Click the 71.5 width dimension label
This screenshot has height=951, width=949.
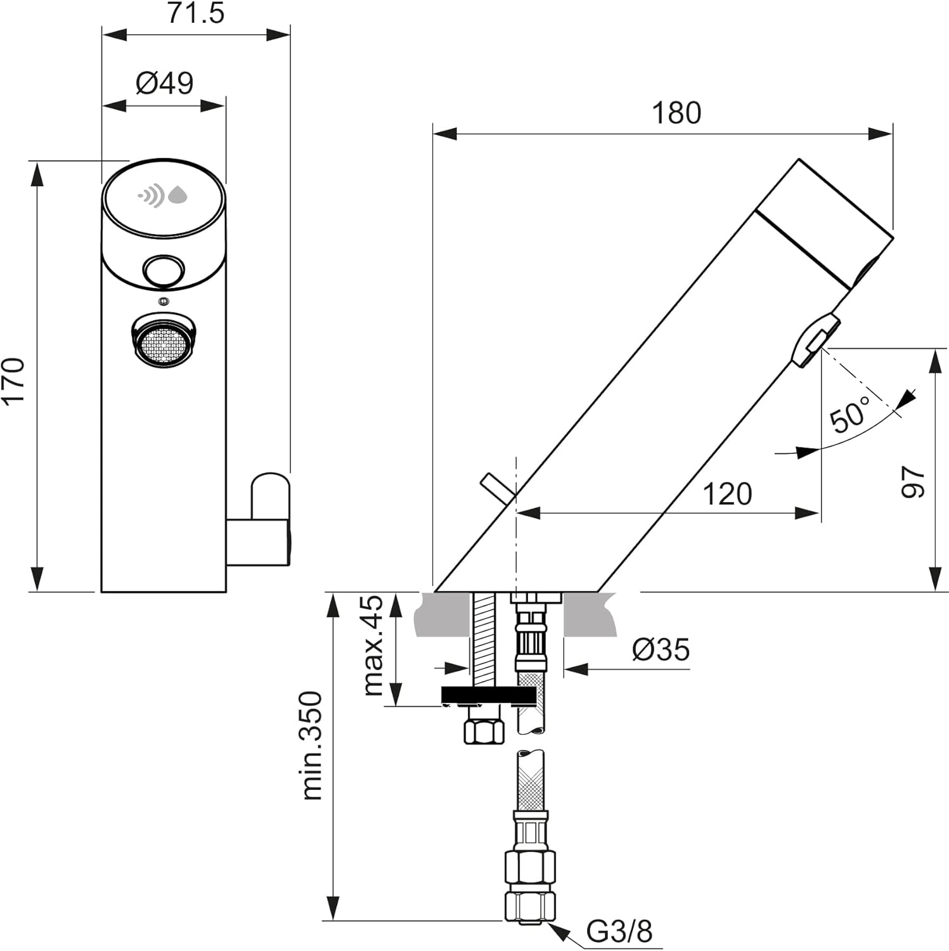[195, 13]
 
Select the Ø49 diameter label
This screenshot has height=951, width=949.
[164, 83]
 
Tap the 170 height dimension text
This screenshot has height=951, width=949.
[14, 380]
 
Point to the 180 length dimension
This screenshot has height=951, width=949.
[676, 113]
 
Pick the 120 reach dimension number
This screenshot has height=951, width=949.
[726, 494]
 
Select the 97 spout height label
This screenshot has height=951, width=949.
[913, 482]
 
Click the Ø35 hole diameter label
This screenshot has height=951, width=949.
[661, 649]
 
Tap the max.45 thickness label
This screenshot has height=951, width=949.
[373, 645]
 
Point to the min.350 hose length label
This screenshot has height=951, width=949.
[312, 746]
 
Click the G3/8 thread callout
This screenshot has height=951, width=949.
[619, 931]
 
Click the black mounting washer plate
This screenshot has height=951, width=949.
[488, 695]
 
